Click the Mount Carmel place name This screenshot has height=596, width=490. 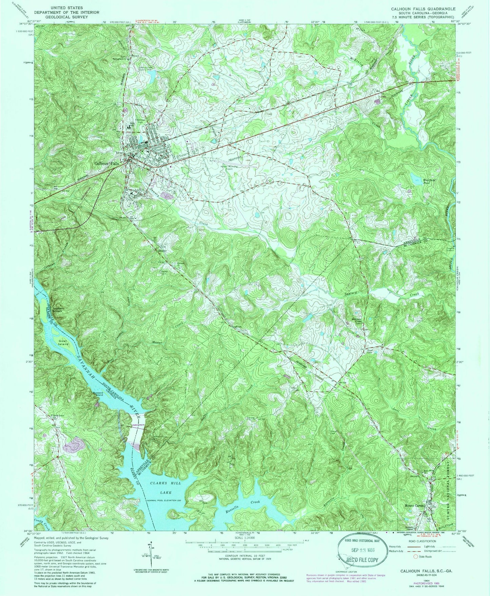coord(414,506)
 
